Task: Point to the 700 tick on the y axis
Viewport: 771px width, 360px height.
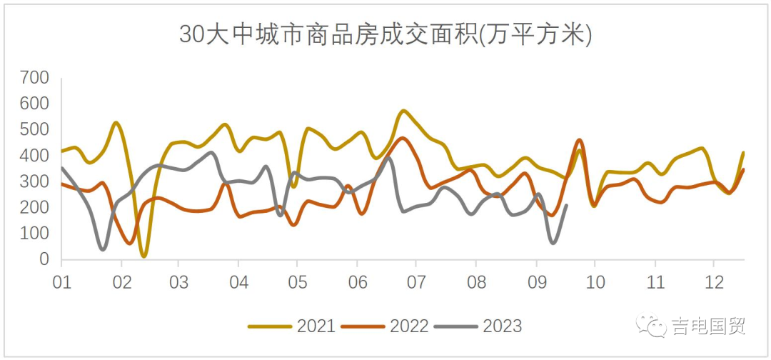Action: [x=34, y=78]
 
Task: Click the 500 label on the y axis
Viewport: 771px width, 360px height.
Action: [x=34, y=130]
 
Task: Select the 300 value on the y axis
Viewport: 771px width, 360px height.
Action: [x=34, y=182]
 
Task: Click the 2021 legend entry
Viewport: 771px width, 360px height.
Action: [x=292, y=326]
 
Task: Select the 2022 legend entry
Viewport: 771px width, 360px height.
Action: [x=385, y=326]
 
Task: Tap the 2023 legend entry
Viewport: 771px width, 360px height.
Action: [x=478, y=326]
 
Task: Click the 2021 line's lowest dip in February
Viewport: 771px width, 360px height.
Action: [x=144, y=255]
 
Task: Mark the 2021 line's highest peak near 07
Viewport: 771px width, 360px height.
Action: [x=404, y=111]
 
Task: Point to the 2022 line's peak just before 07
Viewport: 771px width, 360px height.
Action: [x=403, y=139]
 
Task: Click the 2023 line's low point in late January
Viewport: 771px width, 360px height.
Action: [x=103, y=249]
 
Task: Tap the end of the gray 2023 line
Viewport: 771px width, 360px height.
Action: [x=567, y=206]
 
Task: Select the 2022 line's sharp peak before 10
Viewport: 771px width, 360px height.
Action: [x=579, y=140]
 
